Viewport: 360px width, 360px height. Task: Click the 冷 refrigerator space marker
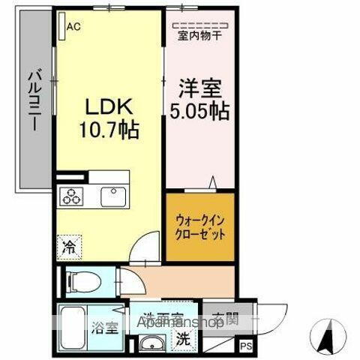click(x=68, y=245)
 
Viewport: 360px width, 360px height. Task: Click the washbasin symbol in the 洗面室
click(x=150, y=344)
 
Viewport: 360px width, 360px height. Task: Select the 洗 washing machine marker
click(x=183, y=338)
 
